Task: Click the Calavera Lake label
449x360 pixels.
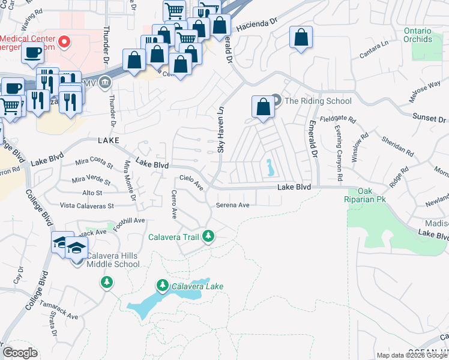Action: [x=197, y=286]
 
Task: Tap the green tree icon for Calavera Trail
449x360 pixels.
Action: [x=208, y=237]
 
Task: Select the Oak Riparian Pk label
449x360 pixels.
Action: [x=366, y=194]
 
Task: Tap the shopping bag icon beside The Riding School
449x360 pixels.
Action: [x=263, y=107]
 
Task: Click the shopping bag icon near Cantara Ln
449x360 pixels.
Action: [x=301, y=38]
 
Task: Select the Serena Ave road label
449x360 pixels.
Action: [x=232, y=205]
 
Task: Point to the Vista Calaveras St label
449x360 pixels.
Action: [x=86, y=206]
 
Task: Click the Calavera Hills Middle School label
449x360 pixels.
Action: [x=113, y=260]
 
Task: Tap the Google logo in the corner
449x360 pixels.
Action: [x=20, y=353]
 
